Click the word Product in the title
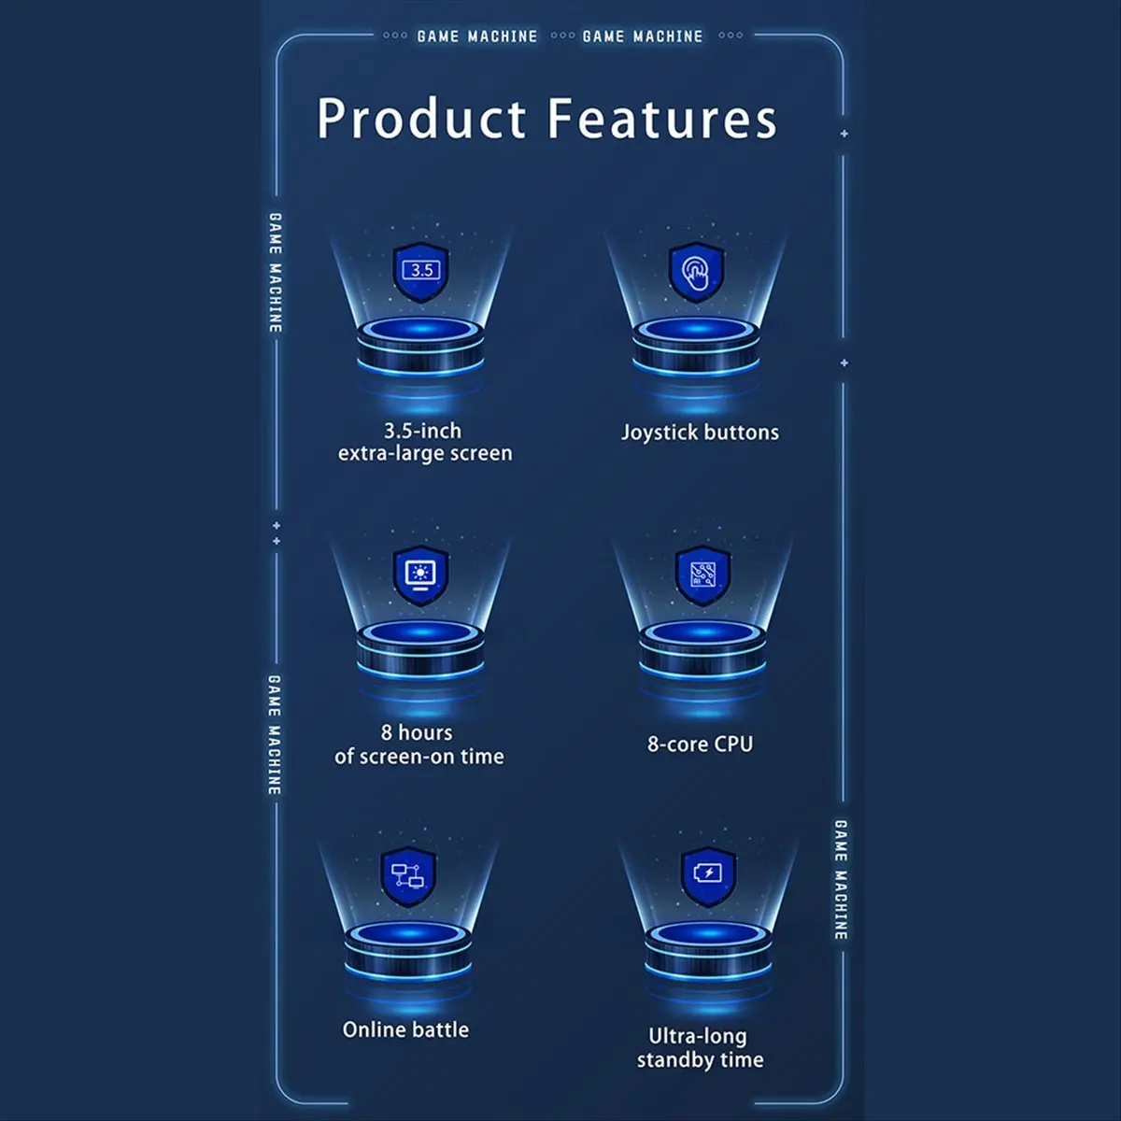tap(421, 118)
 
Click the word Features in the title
tap(662, 118)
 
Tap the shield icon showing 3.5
tap(421, 272)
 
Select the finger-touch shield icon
tap(696, 272)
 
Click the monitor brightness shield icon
tap(420, 575)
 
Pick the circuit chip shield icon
tap(702, 575)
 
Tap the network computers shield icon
tap(408, 876)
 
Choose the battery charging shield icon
tap(708, 876)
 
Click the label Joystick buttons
tap(700, 433)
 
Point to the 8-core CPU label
tap(701, 744)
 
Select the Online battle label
tap(405, 1029)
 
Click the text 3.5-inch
tap(423, 431)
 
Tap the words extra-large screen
tap(425, 454)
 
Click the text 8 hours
tap(417, 733)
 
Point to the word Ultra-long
tap(698, 1036)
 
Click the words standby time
tap(701, 1060)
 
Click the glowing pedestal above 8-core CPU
tap(702, 650)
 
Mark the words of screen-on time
tap(419, 757)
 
